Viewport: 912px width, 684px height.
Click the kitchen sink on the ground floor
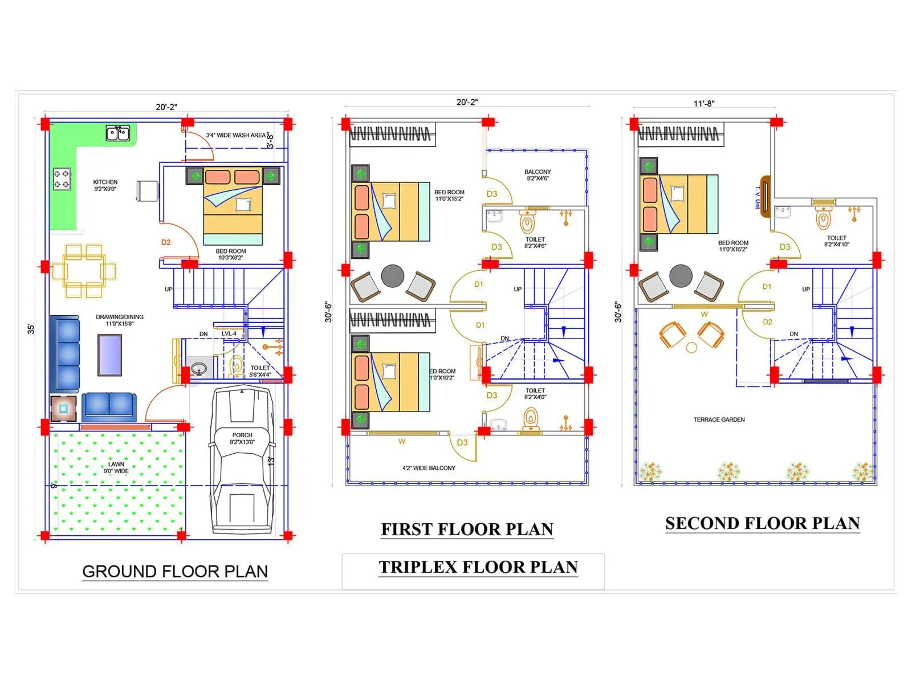coord(118,133)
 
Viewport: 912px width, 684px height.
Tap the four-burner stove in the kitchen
coord(62,179)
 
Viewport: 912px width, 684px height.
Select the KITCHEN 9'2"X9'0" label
coord(105,185)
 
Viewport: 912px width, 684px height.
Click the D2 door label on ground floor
coord(166,242)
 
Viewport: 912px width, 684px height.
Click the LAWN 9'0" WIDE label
coord(116,467)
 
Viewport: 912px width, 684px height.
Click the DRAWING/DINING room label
coord(120,320)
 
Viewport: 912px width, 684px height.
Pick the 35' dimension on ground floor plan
coord(31,329)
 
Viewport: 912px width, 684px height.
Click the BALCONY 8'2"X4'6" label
coord(538,175)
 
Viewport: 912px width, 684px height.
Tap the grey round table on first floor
coord(393,276)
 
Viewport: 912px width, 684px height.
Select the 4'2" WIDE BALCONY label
coord(429,468)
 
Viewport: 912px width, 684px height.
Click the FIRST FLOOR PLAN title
coord(467,530)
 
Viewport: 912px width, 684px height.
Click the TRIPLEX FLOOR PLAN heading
coord(478,567)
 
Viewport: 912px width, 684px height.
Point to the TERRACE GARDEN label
coord(719,420)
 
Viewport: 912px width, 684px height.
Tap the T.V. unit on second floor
coord(766,196)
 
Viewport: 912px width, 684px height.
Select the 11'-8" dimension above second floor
coord(704,104)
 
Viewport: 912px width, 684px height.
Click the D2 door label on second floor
coord(768,322)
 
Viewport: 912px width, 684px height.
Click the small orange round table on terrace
coord(691,347)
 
